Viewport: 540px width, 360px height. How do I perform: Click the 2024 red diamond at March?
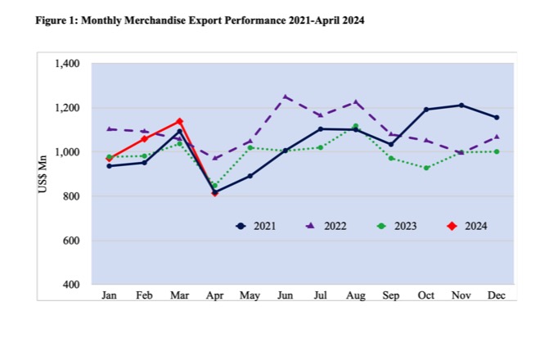(179, 121)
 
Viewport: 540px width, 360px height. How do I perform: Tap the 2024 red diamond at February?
(144, 139)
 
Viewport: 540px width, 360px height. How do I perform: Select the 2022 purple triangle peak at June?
(286, 97)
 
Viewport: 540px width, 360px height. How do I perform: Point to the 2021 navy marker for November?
(461, 106)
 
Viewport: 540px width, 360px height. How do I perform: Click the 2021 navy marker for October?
(426, 110)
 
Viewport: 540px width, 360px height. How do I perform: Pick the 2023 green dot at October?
(426, 168)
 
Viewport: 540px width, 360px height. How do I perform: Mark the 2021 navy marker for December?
(496, 117)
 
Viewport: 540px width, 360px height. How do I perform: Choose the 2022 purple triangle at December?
(496, 137)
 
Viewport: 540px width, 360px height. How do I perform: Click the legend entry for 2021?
(255, 225)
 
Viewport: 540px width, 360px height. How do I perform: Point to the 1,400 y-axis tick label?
(67, 64)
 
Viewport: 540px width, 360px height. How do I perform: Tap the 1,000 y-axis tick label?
(67, 152)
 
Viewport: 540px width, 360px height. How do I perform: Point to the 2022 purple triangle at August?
(356, 102)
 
